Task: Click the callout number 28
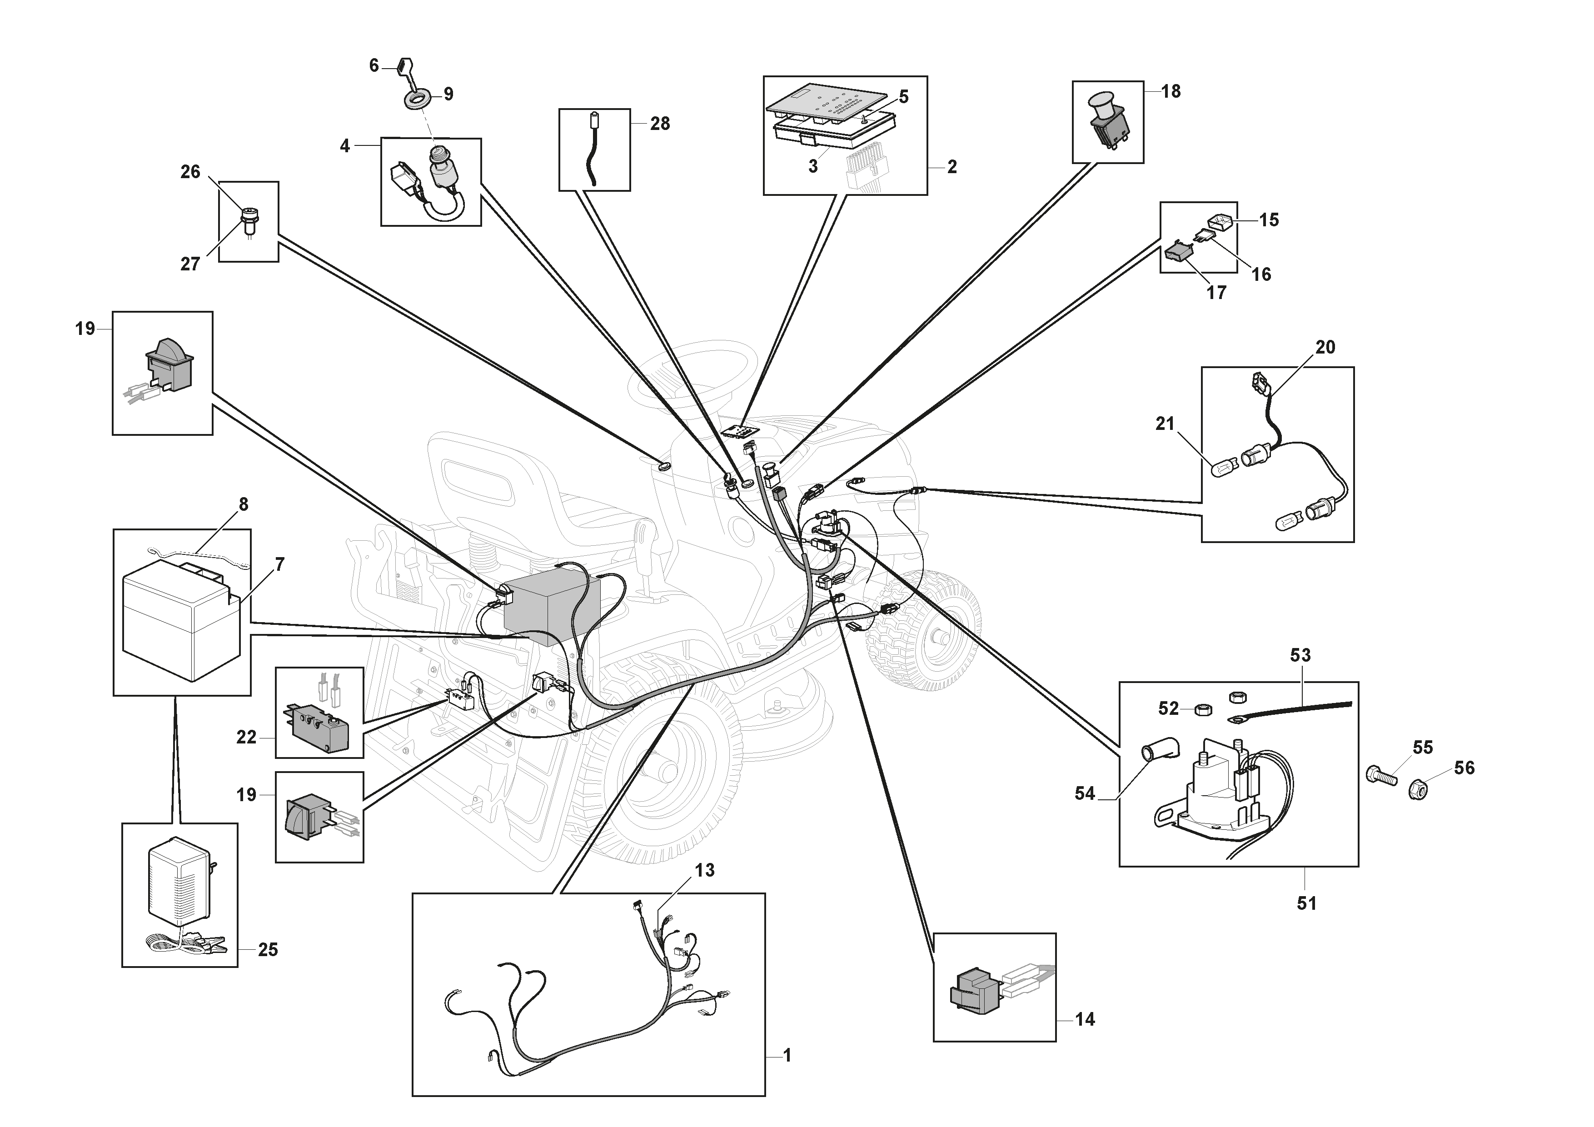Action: (659, 124)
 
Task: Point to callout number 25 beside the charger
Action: (268, 949)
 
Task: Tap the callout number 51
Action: (1306, 903)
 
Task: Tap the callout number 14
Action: (1085, 1019)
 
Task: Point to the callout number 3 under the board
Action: (813, 167)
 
